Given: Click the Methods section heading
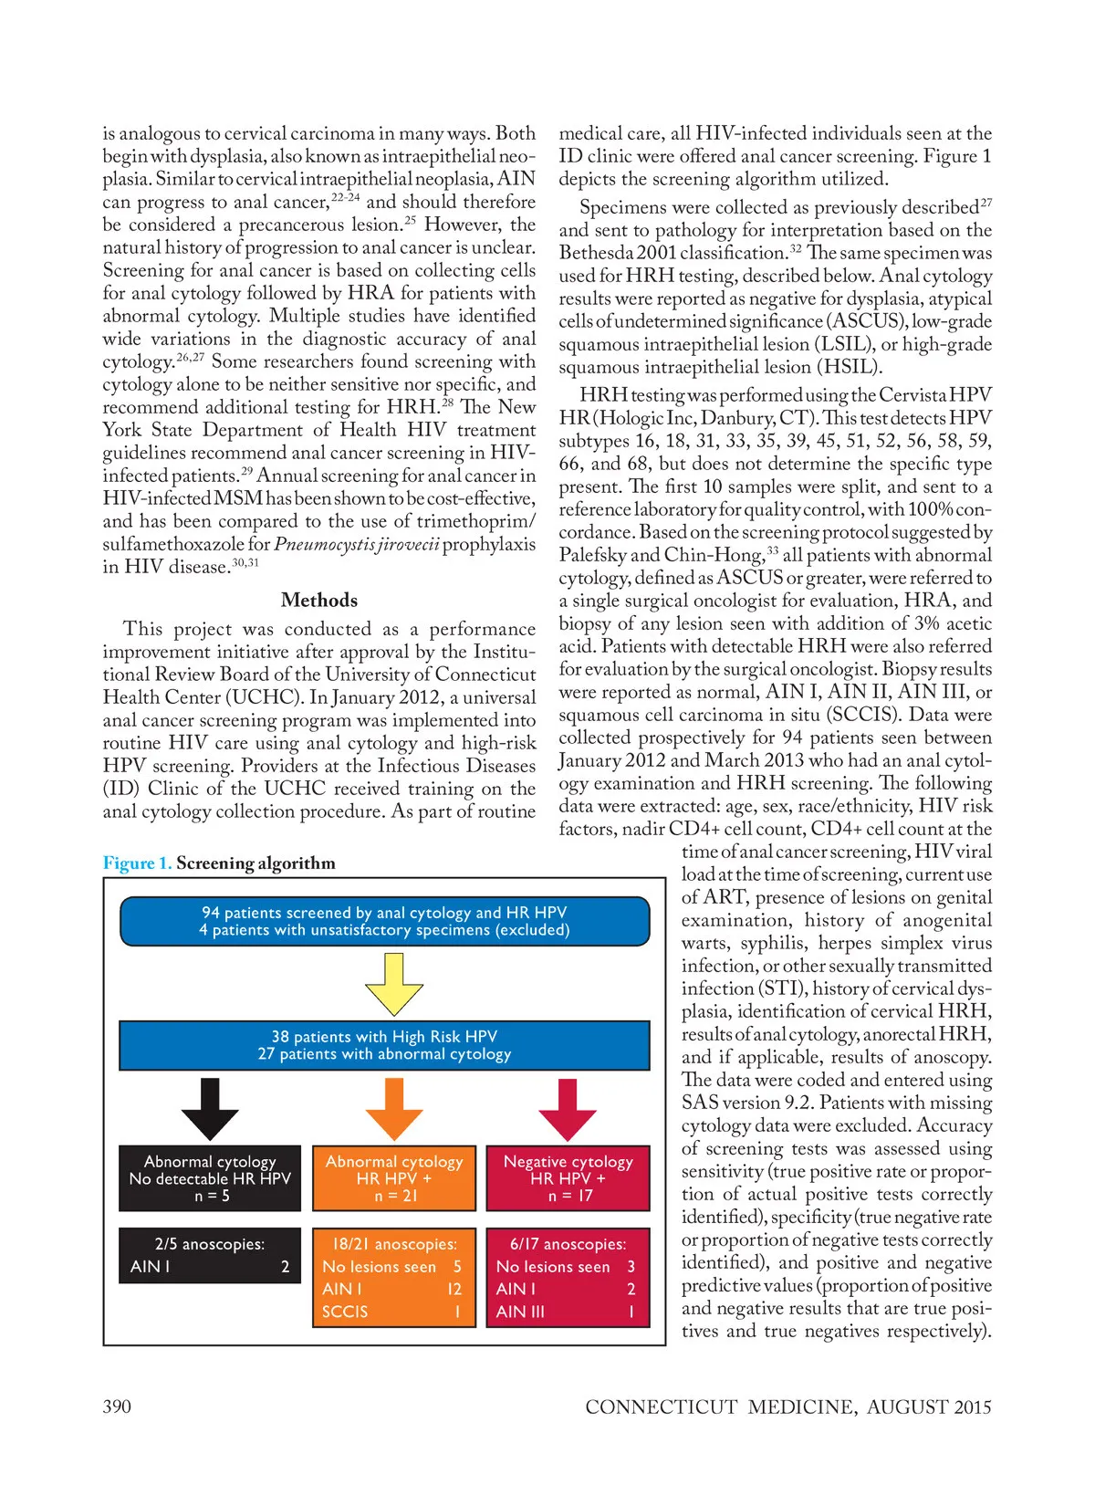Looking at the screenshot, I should (x=319, y=600).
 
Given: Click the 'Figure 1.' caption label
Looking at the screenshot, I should (x=137, y=863).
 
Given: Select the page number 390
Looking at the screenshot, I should (x=117, y=1407).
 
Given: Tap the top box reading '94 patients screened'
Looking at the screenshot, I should (x=384, y=921).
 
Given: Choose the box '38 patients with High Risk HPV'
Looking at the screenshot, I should (x=384, y=1045).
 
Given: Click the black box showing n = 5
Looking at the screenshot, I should (x=210, y=1178).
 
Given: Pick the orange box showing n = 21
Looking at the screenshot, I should (x=394, y=1178).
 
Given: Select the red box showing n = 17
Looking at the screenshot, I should (x=568, y=1178).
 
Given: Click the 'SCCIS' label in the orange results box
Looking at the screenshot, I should (x=345, y=1312).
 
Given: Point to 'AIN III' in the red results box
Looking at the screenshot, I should (x=520, y=1312).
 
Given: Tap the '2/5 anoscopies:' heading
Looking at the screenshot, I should (x=210, y=1244).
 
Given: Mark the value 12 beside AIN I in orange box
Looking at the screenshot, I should (x=454, y=1289).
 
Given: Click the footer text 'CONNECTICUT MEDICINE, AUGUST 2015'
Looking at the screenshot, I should (x=787, y=1407).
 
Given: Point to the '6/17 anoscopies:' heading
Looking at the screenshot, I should (x=568, y=1244).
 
